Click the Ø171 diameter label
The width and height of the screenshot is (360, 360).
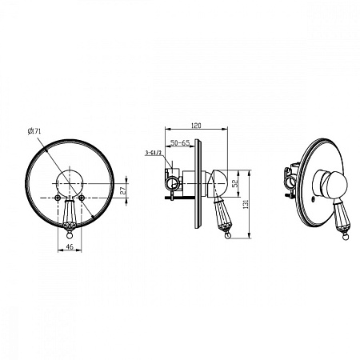[x=34, y=131]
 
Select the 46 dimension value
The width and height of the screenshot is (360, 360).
[x=70, y=246]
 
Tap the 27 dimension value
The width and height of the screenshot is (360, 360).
[x=123, y=190]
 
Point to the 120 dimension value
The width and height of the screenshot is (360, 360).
[x=196, y=126]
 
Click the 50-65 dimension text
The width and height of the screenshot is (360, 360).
[x=180, y=143]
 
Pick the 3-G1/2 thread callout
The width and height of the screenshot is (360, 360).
[x=154, y=153]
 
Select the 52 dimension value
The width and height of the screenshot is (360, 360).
[x=234, y=183]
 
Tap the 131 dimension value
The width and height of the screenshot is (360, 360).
[x=246, y=204]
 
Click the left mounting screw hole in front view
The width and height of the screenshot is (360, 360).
[x=57, y=198]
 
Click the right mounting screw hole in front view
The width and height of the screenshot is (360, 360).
[x=82, y=198]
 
